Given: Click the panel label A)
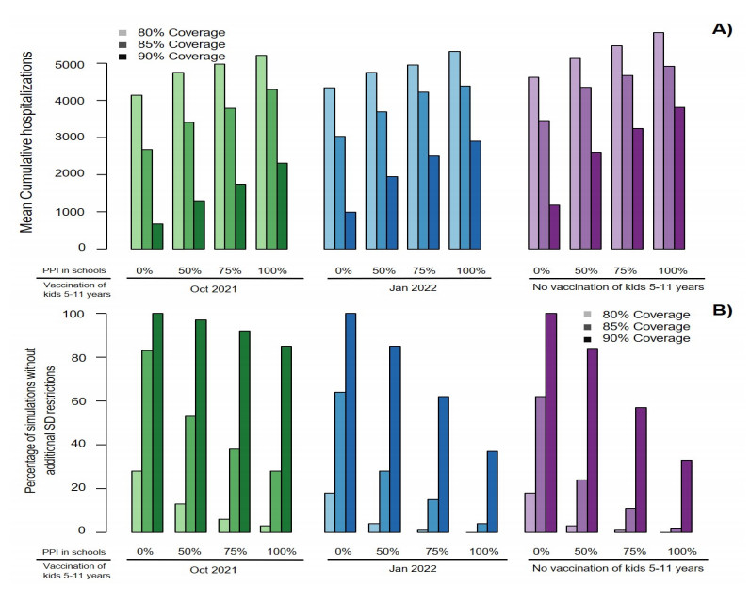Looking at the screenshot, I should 721,29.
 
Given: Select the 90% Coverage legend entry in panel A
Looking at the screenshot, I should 184,57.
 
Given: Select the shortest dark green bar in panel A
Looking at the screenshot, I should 157,236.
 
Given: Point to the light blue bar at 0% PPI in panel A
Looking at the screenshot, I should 330,168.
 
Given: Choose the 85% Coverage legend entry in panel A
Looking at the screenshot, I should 184,45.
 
